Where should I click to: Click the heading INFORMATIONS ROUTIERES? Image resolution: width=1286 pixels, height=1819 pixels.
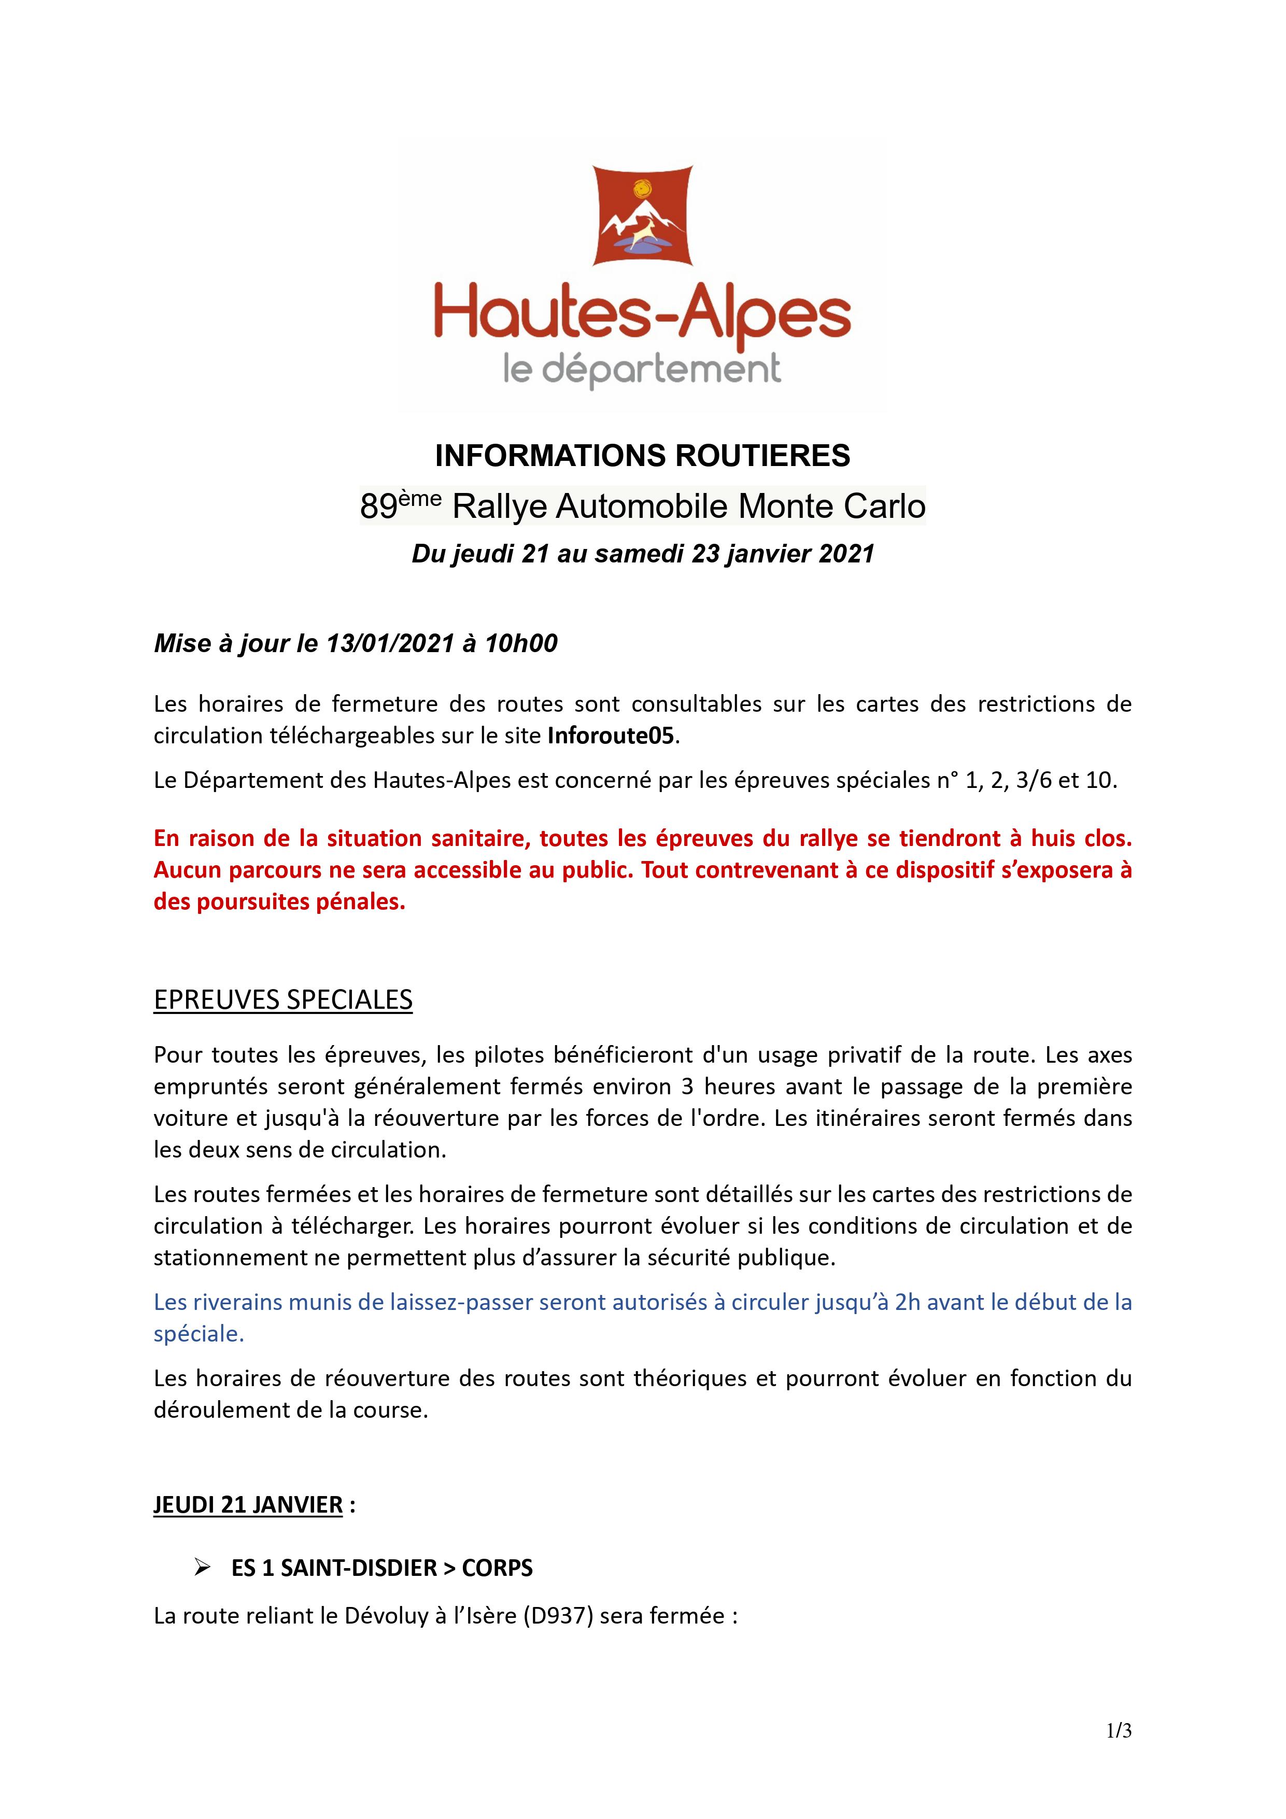point(643,456)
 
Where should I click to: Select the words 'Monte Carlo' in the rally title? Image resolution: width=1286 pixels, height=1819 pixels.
point(832,507)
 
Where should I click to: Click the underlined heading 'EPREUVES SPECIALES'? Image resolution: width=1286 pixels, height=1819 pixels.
point(283,1000)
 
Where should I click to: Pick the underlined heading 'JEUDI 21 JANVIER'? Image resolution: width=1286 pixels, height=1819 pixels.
point(248,1504)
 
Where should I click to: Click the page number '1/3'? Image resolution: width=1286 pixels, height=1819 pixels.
point(1119,1731)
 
